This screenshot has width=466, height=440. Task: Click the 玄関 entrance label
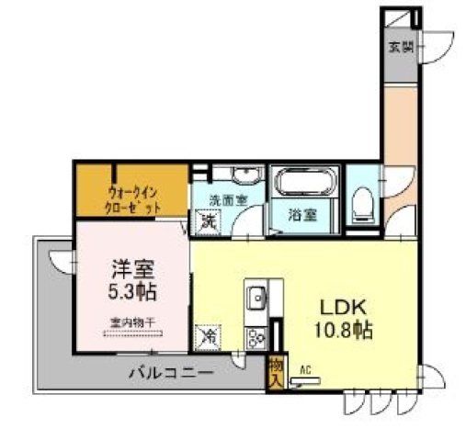pos(400,46)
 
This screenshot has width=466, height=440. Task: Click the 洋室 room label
pos(131,271)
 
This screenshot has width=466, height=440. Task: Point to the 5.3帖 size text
pos(131,295)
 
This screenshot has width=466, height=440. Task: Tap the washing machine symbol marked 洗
pos(208,220)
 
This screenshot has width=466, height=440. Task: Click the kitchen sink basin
pos(256,298)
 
